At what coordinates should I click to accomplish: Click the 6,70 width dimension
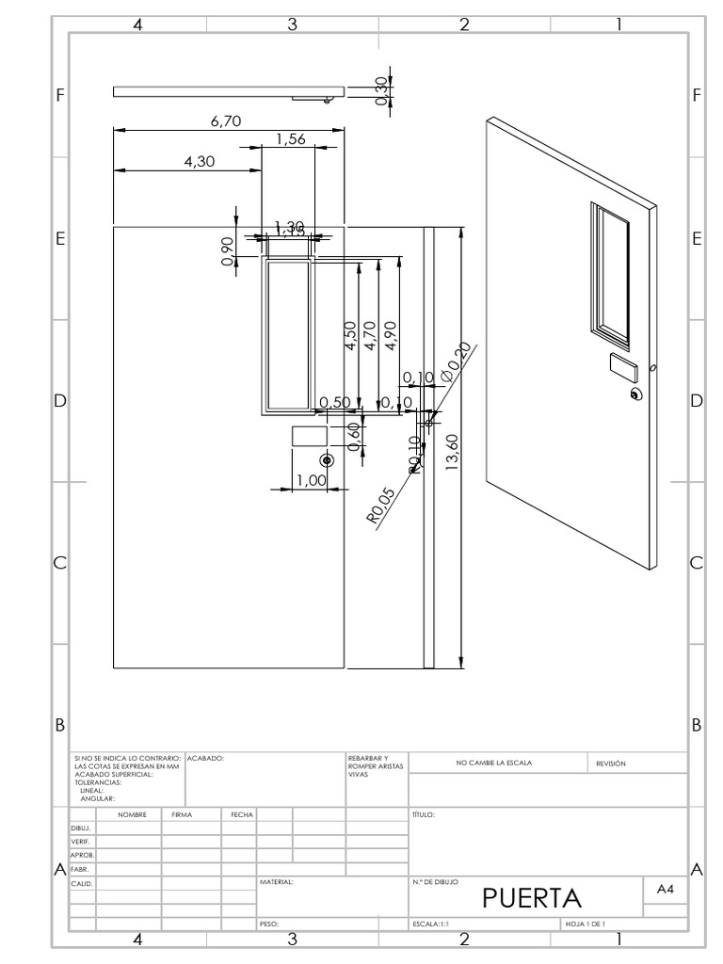point(226,120)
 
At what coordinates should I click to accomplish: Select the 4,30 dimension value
point(200,161)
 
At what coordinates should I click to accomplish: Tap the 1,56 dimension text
point(291,139)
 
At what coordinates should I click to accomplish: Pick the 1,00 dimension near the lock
point(311,480)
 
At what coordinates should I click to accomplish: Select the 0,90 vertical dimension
point(228,251)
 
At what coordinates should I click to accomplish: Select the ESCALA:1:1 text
point(431,924)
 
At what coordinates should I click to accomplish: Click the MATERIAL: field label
point(277,883)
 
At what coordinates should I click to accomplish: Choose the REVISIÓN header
point(611,763)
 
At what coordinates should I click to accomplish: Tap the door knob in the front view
point(327,460)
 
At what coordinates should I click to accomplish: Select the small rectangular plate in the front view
point(309,436)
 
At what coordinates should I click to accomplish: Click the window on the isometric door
point(610,272)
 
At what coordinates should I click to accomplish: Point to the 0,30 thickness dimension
point(381,91)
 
